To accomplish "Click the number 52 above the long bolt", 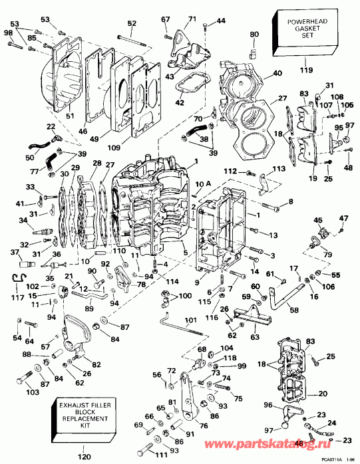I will pos(132,24).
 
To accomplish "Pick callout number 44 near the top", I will pos(221,21).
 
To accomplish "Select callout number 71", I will pos(192,19).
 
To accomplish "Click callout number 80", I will pos(254,35).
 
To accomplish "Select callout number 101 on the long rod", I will pos(192,319).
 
